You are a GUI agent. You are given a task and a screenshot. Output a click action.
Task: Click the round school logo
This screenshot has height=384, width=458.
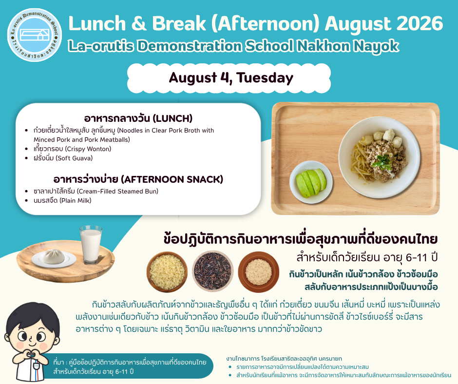point(35,35)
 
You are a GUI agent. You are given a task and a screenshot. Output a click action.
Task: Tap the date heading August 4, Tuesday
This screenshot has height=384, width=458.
point(231,78)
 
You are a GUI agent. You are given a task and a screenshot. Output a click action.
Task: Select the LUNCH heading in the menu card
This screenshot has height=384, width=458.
point(138,118)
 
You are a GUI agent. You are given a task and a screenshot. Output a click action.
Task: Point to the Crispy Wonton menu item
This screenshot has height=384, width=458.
point(73,149)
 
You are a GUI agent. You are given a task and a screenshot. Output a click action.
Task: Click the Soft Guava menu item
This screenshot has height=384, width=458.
point(63,158)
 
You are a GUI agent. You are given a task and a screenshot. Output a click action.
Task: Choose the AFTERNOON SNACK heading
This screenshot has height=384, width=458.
point(138,179)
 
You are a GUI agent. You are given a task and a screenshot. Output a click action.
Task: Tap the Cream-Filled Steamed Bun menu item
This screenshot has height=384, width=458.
point(96,191)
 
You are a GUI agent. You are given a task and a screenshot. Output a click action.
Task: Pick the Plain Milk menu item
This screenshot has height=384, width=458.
point(62,200)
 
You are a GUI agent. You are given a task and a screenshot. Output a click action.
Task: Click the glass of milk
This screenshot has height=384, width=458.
point(91,245)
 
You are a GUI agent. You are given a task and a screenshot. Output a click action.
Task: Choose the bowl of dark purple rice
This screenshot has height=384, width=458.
point(213,272)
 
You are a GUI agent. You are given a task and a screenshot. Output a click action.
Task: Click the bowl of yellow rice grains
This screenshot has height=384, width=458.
point(167,272)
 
